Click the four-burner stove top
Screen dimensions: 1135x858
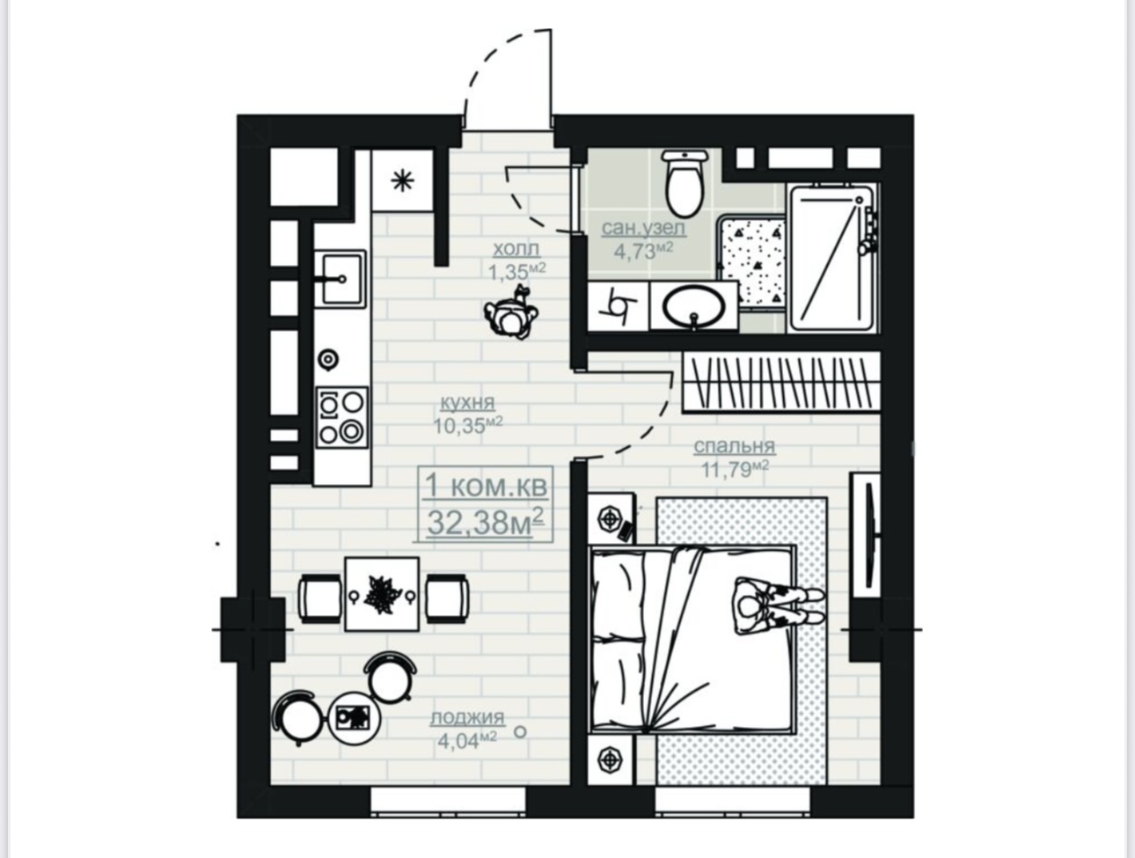click(342, 417)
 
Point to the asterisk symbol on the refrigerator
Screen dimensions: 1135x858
click(402, 181)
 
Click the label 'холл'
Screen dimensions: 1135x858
click(516, 249)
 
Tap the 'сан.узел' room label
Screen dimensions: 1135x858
click(644, 228)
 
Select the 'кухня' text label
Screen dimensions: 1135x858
click(467, 402)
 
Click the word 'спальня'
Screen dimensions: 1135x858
click(735, 446)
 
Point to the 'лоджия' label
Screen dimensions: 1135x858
click(467, 717)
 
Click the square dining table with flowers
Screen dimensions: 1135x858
click(382, 594)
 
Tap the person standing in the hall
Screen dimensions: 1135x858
click(512, 314)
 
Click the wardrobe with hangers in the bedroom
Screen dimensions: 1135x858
click(781, 383)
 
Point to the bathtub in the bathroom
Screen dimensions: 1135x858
click(832, 259)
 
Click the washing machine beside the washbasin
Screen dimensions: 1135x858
click(619, 306)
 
